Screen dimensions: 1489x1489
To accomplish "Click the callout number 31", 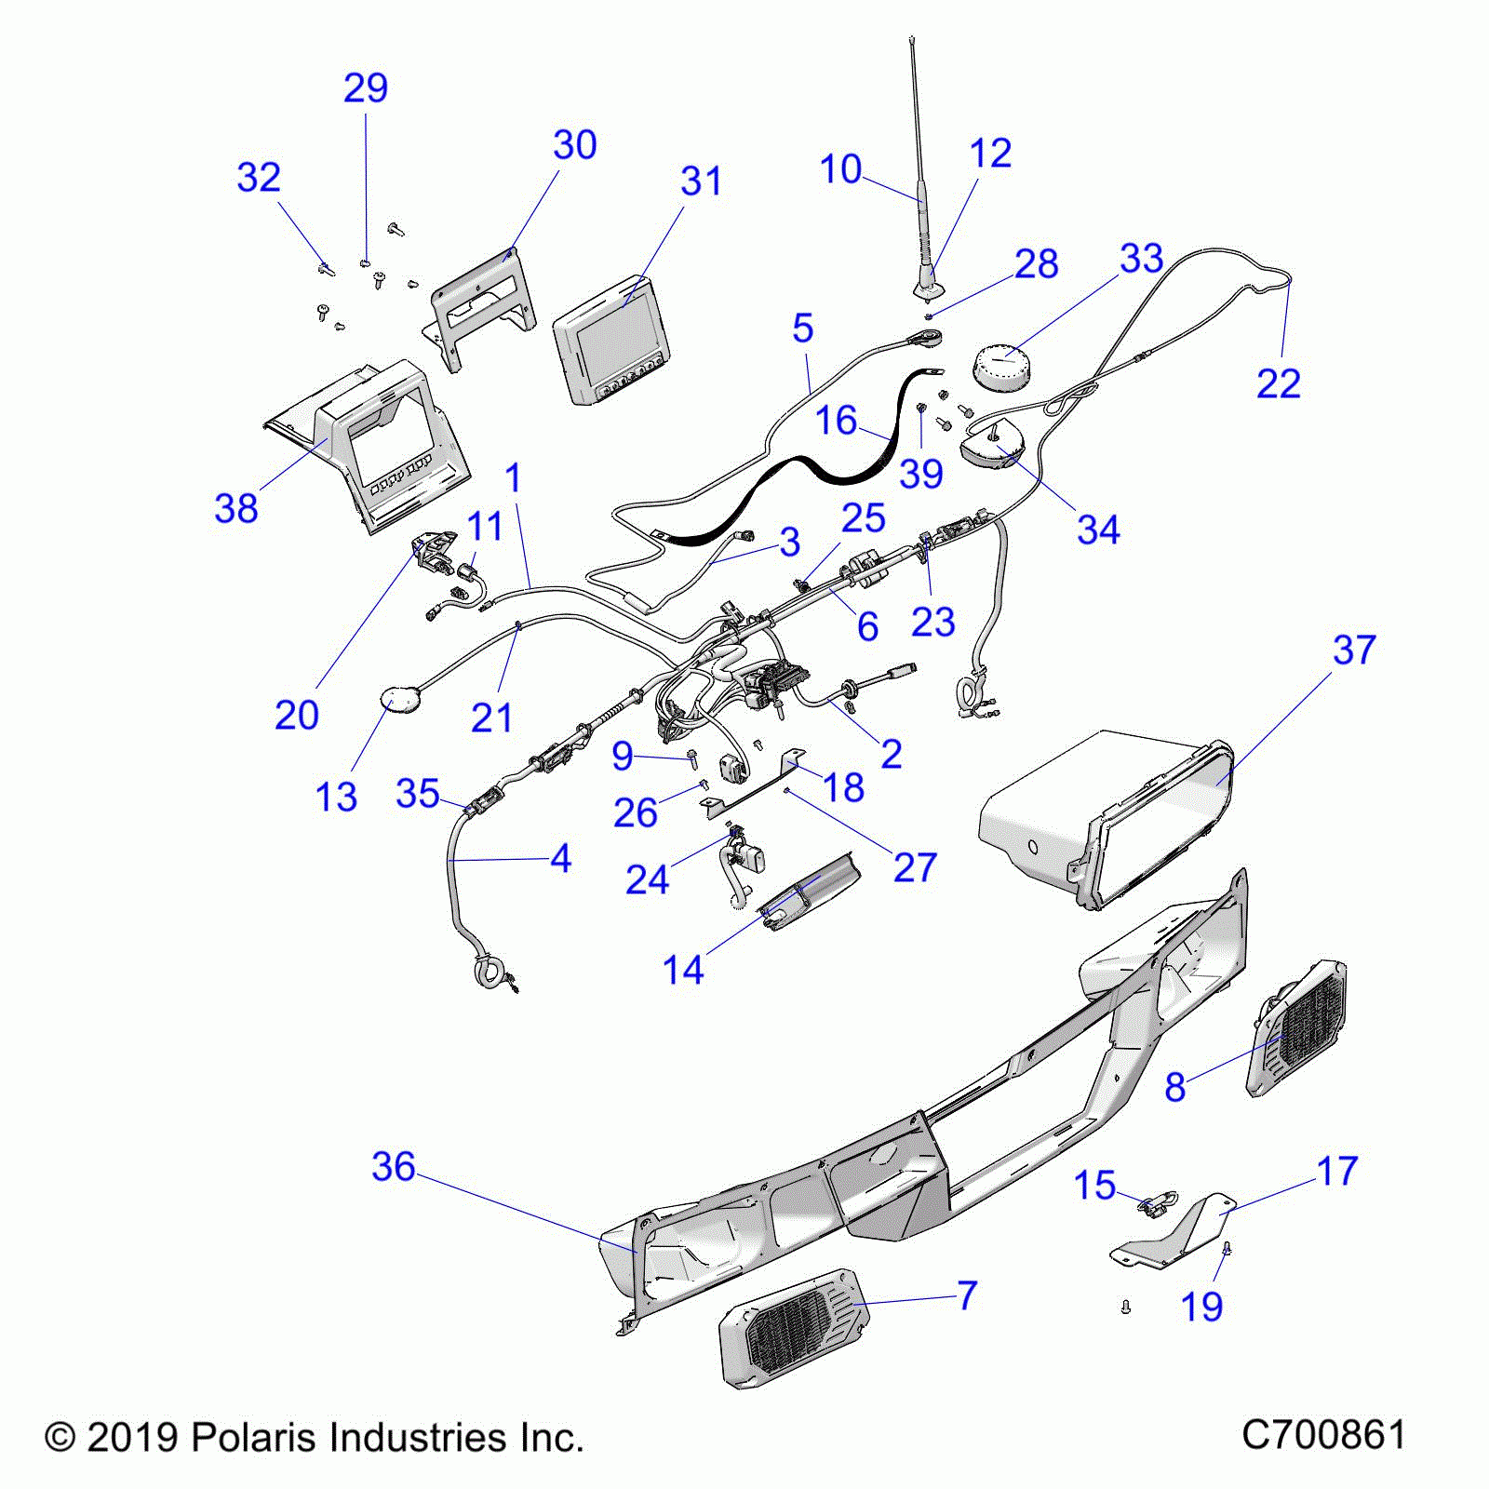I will click(x=701, y=181).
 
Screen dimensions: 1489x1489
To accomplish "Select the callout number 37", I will click(x=1354, y=650).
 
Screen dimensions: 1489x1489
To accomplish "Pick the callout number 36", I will click(x=393, y=1166).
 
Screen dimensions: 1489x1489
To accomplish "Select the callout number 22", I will click(x=1278, y=383).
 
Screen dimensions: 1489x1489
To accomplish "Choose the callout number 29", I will click(x=365, y=88).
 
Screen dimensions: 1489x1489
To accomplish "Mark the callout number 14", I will click(x=683, y=970).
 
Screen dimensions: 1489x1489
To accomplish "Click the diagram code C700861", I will click(x=1323, y=1434).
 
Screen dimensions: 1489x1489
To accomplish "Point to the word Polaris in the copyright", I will click(x=248, y=1438).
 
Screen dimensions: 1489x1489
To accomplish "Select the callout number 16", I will click(x=836, y=421).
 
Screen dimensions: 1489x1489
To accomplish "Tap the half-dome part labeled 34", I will click(x=991, y=449).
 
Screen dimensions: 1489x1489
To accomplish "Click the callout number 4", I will click(x=560, y=859).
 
